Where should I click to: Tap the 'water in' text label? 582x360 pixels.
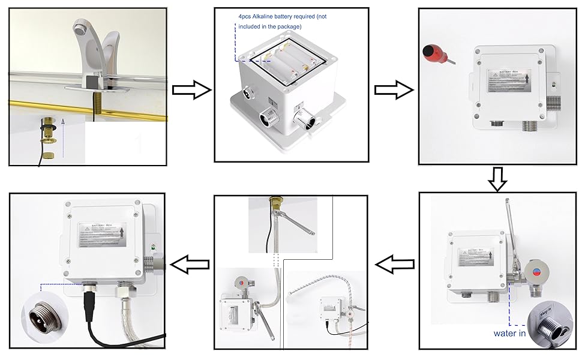coord(509,333)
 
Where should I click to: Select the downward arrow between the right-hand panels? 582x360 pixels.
coord(498,178)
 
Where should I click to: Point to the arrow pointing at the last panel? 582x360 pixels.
coord(190,262)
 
